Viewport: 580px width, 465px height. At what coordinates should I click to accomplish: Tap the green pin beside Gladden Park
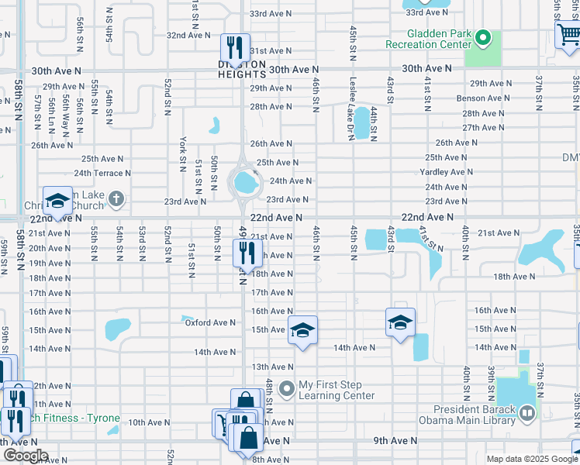point(482,38)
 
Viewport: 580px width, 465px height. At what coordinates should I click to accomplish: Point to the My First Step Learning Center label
point(337,390)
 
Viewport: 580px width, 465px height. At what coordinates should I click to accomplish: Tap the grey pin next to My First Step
point(287,387)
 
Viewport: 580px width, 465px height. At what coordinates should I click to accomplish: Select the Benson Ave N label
point(482,98)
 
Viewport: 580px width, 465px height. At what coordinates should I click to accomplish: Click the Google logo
point(26,456)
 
